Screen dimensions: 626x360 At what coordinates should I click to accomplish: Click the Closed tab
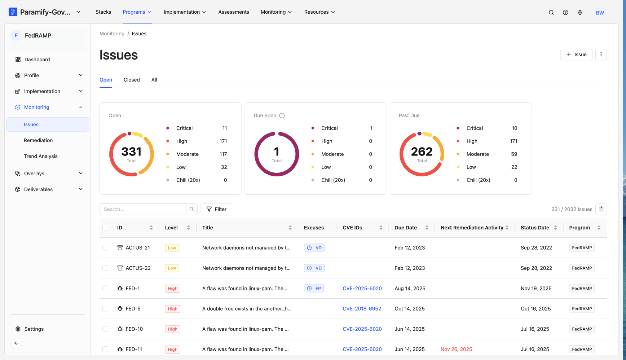click(x=132, y=80)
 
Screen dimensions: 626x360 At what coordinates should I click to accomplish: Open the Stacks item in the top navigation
click(x=103, y=12)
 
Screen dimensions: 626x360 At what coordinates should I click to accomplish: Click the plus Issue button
click(x=576, y=54)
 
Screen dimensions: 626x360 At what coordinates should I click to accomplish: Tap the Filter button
click(x=216, y=209)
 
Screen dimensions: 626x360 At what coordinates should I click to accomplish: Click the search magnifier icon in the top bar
click(x=551, y=12)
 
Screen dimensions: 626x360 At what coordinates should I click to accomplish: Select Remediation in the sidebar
click(x=38, y=140)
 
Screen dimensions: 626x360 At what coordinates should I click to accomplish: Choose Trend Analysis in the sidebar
click(x=41, y=156)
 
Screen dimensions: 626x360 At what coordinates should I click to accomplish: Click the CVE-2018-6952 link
click(x=362, y=309)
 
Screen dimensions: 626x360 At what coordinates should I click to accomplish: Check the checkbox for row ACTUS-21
click(x=105, y=248)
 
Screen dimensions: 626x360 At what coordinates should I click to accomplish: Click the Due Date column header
click(x=406, y=228)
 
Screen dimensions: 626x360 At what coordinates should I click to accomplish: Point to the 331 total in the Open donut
click(x=132, y=152)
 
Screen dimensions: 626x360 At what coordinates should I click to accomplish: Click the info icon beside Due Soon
click(x=282, y=115)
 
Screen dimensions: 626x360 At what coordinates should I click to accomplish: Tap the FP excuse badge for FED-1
click(x=314, y=289)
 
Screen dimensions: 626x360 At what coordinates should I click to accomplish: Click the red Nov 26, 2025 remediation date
click(x=456, y=349)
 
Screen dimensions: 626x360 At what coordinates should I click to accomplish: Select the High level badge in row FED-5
click(x=172, y=309)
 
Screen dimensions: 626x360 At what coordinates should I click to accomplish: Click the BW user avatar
click(x=600, y=13)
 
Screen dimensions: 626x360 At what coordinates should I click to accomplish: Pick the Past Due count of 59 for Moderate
click(x=514, y=154)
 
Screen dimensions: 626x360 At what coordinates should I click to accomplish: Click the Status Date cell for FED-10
click(x=535, y=329)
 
